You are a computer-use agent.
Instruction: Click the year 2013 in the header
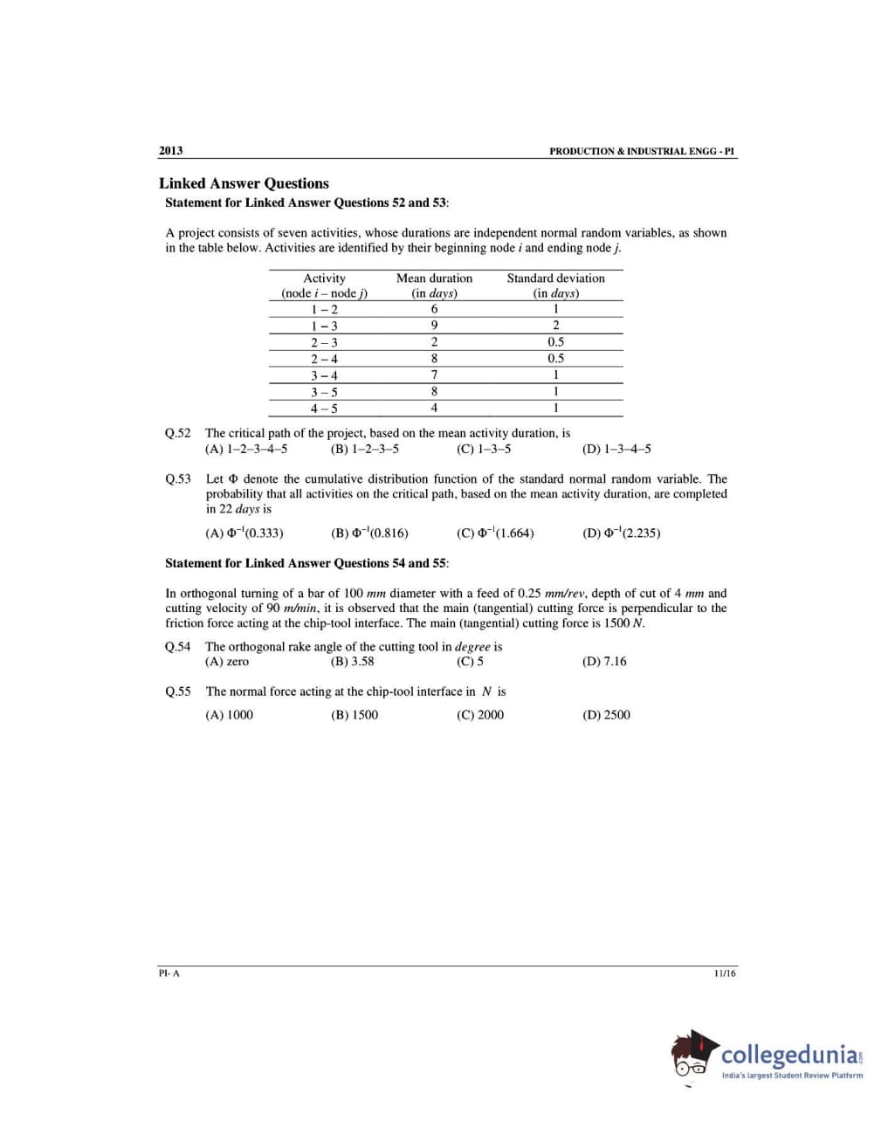170,150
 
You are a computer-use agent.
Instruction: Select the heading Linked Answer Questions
244,183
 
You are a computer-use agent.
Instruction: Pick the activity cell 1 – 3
324,326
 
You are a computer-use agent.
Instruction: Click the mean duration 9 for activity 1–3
434,326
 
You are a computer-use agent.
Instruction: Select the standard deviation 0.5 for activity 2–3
555,342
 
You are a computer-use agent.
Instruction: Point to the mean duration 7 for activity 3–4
434,375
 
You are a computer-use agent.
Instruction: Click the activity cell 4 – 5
324,409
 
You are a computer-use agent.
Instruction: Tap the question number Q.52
177,433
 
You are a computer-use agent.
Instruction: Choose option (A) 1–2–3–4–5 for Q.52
245,450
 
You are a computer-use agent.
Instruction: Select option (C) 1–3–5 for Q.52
484,450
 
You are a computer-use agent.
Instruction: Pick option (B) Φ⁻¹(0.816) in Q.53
369,533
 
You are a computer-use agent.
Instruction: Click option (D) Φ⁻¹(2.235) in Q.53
621,533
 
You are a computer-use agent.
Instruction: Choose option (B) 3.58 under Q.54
353,662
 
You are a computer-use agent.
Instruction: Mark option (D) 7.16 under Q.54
603,662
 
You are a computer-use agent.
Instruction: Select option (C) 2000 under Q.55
479,715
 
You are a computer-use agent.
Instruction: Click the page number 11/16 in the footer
724,973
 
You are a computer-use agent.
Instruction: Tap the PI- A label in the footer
169,973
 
